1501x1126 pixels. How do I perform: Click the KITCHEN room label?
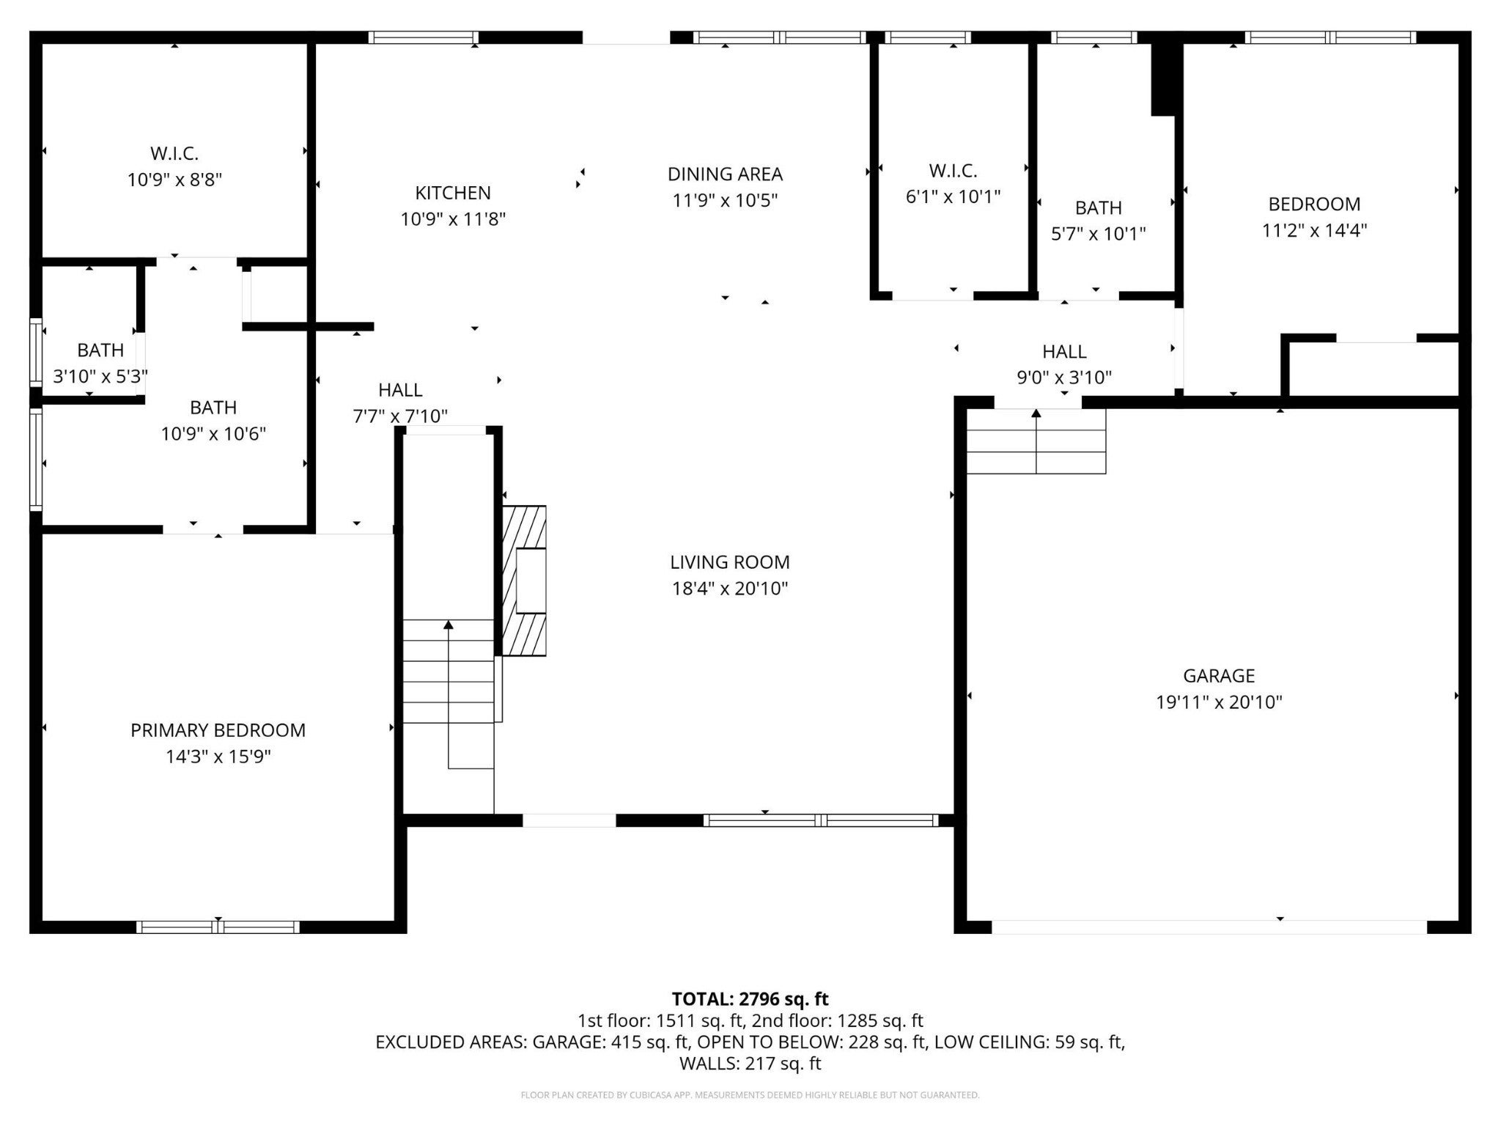(x=453, y=193)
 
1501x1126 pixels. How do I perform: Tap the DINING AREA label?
(x=725, y=174)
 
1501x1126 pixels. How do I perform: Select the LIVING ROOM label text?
(x=730, y=562)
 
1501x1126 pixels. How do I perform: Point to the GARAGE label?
(x=1219, y=676)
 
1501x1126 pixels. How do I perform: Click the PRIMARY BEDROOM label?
(x=218, y=730)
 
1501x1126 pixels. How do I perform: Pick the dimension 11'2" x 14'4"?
(x=1314, y=230)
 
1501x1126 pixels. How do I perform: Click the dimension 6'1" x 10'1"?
(x=953, y=196)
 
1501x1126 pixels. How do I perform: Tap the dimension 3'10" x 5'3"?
(x=100, y=377)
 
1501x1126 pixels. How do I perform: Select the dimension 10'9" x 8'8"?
(x=174, y=180)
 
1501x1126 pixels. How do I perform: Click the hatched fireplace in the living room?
(x=524, y=580)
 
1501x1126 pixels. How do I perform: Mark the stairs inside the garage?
(x=1036, y=441)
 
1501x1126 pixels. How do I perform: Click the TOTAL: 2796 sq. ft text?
(x=750, y=998)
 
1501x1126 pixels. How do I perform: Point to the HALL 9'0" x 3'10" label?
(x=1064, y=364)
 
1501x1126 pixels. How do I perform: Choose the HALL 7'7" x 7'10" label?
(x=400, y=403)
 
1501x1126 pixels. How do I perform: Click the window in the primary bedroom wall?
(x=218, y=927)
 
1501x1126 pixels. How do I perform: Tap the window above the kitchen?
(x=424, y=37)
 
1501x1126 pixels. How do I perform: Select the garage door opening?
(x=1209, y=927)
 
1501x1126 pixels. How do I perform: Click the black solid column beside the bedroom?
(x=1165, y=77)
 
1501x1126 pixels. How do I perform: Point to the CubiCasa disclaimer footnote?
(x=750, y=1095)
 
